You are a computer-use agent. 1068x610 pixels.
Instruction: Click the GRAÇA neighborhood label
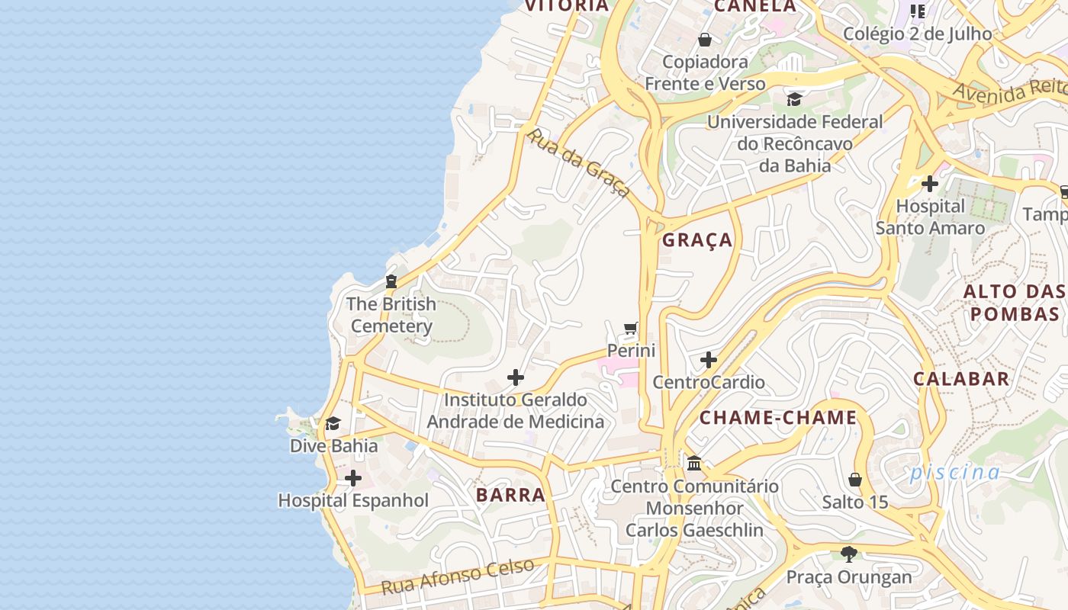pos(696,240)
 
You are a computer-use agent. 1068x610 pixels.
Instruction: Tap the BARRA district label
pos(510,495)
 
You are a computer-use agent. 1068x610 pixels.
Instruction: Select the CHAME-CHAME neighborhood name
pos(778,418)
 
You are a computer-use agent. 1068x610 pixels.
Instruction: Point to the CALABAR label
pos(960,379)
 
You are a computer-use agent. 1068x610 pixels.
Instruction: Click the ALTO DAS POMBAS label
pos(1014,303)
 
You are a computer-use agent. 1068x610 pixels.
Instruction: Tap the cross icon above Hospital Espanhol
pos(353,479)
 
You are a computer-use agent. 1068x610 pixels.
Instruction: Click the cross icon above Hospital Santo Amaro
pos(929,184)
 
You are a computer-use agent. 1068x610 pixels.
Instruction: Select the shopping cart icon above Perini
pos(631,329)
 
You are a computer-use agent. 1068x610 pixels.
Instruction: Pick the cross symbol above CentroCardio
pos(709,360)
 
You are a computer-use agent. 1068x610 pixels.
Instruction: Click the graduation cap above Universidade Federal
pos(794,100)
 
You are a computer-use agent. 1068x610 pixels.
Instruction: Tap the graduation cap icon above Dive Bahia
pos(333,424)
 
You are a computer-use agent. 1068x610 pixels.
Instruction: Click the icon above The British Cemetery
pos(391,281)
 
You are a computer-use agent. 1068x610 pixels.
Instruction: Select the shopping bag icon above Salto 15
pos(855,480)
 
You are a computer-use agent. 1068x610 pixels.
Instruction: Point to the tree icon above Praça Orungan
pos(848,554)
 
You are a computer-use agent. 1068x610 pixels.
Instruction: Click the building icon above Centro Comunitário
pos(694,463)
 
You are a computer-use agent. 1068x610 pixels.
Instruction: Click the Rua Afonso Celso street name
pos(458,576)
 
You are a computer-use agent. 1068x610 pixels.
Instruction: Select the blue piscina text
pos(954,472)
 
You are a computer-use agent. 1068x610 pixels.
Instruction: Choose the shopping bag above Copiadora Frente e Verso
pos(705,40)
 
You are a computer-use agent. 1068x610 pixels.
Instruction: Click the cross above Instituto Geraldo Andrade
pos(516,377)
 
